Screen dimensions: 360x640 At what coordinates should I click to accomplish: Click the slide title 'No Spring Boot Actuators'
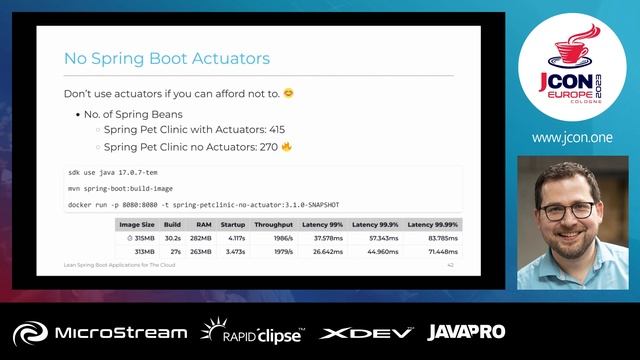pyautogui.click(x=167, y=59)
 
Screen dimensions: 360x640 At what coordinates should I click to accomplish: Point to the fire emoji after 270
pyautogui.click(x=286, y=147)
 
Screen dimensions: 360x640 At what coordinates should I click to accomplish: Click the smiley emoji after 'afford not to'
pyautogui.click(x=289, y=94)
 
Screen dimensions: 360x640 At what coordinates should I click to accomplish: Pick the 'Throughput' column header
pyautogui.click(x=273, y=225)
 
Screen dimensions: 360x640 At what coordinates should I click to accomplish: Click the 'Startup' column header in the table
pyautogui.click(x=233, y=225)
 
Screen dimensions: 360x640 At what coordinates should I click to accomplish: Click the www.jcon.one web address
pyautogui.click(x=572, y=137)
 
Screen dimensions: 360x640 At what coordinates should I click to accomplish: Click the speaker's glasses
pyautogui.click(x=567, y=210)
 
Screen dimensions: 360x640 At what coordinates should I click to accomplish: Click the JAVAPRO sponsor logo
pyautogui.click(x=466, y=332)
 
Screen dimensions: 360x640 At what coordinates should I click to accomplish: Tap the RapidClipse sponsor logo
pyautogui.click(x=252, y=332)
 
